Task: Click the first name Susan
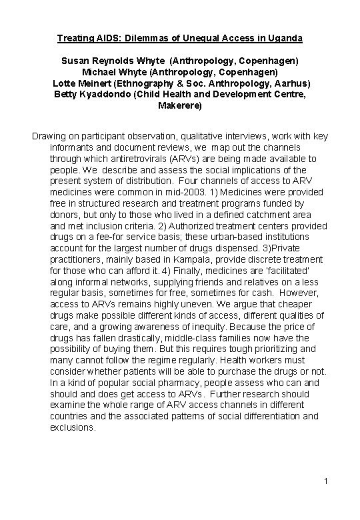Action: [77, 61]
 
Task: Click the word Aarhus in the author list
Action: [293, 83]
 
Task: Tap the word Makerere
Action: [179, 105]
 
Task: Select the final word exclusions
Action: [73, 427]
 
